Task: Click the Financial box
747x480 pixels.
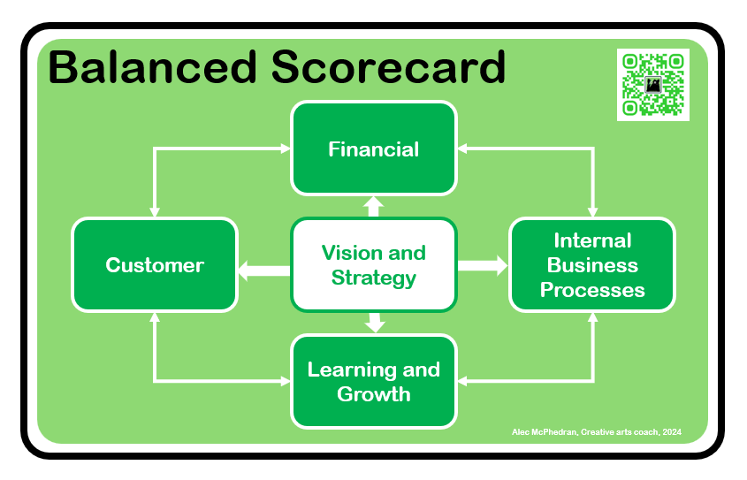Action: click(x=373, y=149)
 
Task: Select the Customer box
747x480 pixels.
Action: click(x=155, y=265)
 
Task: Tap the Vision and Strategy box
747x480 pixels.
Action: click(x=373, y=265)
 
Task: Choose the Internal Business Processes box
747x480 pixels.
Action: click(x=592, y=265)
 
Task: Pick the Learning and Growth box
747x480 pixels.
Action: click(x=373, y=381)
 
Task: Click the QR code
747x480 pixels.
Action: click(x=652, y=85)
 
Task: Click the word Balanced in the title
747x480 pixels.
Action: click(x=146, y=68)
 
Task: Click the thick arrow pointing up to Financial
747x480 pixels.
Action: click(x=374, y=207)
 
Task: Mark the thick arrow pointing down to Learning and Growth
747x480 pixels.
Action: click(x=375, y=322)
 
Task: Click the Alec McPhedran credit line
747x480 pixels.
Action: click(x=597, y=432)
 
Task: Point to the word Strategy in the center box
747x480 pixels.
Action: click(x=373, y=278)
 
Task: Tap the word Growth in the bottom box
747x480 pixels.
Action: click(x=373, y=393)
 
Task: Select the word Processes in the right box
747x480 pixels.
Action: click(x=592, y=289)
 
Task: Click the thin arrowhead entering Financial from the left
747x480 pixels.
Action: click(x=285, y=149)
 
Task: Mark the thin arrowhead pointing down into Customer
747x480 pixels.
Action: click(x=155, y=212)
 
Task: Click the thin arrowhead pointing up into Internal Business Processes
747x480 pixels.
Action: click(x=592, y=317)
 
